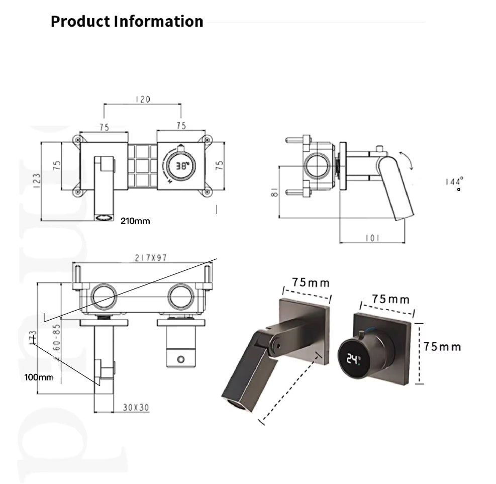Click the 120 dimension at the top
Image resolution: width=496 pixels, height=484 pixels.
(x=143, y=100)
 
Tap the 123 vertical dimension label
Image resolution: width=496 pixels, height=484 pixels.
(x=37, y=180)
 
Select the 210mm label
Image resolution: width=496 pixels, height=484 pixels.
(x=135, y=221)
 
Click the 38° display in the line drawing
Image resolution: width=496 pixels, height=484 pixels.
(x=181, y=164)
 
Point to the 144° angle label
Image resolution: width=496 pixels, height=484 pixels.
(x=454, y=181)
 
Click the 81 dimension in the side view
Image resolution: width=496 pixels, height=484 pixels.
(x=274, y=192)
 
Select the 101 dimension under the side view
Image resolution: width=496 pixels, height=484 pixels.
(x=372, y=238)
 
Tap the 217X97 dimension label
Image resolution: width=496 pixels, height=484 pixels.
(x=151, y=258)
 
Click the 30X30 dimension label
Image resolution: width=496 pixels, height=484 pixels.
(x=136, y=408)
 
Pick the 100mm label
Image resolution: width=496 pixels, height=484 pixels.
(x=39, y=377)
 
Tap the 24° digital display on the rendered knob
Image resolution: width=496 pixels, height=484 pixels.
(x=354, y=359)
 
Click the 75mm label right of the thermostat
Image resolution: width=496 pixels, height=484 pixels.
(x=442, y=346)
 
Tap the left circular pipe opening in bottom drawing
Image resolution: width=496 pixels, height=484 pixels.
(x=104, y=297)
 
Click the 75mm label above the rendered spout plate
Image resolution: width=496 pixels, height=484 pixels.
(x=311, y=282)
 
